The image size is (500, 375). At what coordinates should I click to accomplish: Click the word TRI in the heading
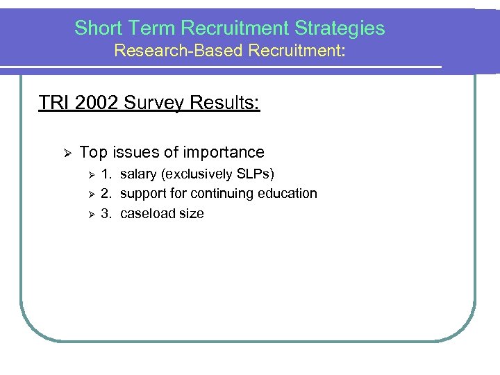(52, 103)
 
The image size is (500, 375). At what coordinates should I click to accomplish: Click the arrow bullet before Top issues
(60, 153)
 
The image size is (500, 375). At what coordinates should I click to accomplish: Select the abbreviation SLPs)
(255, 174)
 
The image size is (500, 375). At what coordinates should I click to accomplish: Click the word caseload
(147, 213)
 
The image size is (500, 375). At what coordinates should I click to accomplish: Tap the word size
(191, 213)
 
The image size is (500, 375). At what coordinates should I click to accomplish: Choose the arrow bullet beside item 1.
(87, 174)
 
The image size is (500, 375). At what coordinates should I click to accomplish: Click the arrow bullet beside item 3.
(87, 214)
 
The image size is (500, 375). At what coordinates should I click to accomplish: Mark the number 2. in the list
(106, 193)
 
